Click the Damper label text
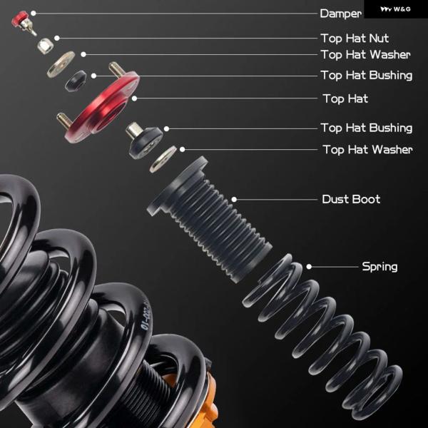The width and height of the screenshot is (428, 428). point(341,14)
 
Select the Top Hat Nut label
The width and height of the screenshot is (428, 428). point(355,39)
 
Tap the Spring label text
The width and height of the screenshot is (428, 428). point(379,267)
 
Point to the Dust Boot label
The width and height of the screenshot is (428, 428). point(351,199)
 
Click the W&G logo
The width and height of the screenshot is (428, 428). point(395,9)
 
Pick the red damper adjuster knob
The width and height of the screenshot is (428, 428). point(20,19)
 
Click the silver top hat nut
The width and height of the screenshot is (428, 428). point(45,46)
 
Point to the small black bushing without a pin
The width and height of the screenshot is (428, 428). point(76,81)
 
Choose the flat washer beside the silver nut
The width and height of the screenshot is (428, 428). point(61,64)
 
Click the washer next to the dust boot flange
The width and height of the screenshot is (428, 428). point(163,159)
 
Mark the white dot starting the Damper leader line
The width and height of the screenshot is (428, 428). point(34,13)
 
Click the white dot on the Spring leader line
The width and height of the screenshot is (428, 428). point(309,266)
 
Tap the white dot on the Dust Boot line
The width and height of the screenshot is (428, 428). point(234,200)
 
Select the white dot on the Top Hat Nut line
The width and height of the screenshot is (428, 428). point(57,38)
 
